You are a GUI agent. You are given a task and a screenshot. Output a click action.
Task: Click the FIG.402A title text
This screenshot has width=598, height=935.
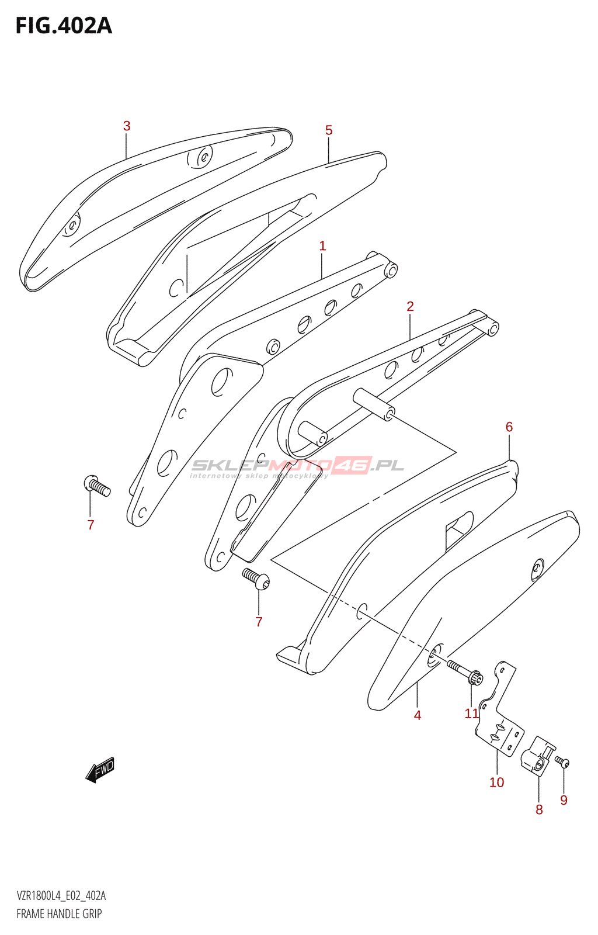pyautogui.click(x=64, y=26)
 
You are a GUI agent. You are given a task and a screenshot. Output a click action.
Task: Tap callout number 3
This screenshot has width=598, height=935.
pyautogui.click(x=127, y=126)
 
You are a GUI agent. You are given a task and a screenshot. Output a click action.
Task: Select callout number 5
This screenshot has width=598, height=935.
pyautogui.click(x=329, y=130)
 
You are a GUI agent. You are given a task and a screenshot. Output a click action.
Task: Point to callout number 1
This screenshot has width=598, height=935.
pyautogui.click(x=322, y=246)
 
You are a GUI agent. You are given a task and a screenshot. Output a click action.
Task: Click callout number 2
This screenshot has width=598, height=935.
pyautogui.click(x=411, y=306)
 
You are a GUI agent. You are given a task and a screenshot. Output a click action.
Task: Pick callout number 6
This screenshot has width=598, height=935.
pyautogui.click(x=509, y=427)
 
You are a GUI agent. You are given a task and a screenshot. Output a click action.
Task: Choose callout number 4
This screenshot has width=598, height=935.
pyautogui.click(x=418, y=715)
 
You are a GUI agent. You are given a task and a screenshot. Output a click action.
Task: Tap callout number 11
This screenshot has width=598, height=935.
pyautogui.click(x=472, y=714)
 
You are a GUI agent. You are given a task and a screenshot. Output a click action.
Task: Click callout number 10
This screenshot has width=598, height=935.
pyautogui.click(x=496, y=782)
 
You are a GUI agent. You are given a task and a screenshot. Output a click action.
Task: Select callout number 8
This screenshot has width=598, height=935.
pyautogui.click(x=539, y=810)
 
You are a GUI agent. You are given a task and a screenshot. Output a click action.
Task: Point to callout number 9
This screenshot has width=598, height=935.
pyautogui.click(x=564, y=800)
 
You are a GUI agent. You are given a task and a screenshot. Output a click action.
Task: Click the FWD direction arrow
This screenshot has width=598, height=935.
pyautogui.click(x=100, y=769)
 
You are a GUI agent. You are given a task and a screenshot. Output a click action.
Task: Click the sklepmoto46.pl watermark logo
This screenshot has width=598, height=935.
pyautogui.click(x=297, y=467)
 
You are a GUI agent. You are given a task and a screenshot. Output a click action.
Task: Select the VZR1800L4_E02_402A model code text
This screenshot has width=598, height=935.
pyautogui.click(x=61, y=895)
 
